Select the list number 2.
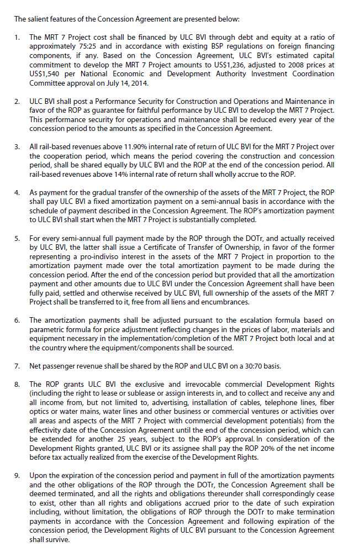coord(17,101)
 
